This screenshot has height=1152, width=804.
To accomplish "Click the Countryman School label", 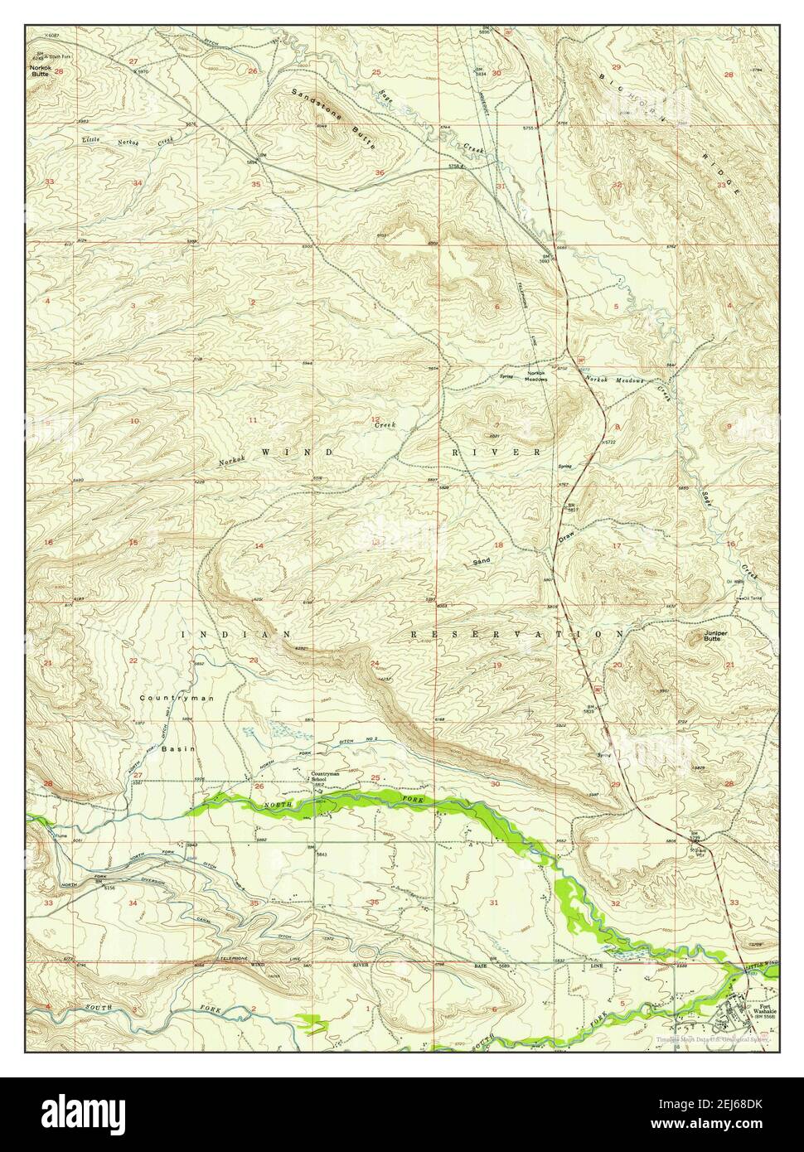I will point(326,778).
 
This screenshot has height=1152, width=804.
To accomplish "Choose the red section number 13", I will point(377,542).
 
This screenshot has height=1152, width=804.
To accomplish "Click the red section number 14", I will point(259,545).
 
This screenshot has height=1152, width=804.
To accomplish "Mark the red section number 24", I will point(375,663).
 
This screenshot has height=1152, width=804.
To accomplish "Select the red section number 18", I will point(498,545).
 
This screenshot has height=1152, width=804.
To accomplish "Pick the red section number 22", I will point(133,661).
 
